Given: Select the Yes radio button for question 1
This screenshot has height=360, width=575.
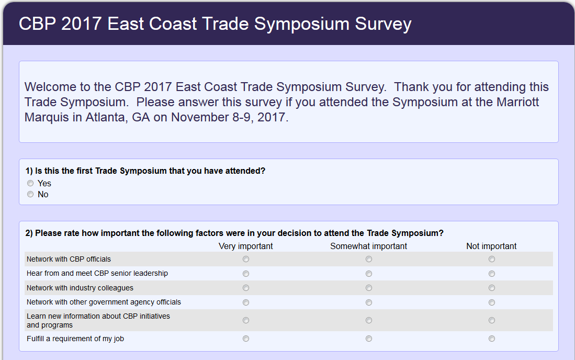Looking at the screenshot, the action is point(30,183).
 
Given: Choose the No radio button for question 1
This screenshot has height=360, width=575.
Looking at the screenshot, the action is point(30,194).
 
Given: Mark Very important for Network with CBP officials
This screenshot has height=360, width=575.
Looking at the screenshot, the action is point(246,259).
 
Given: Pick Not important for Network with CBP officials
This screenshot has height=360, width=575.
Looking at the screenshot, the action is point(492,259).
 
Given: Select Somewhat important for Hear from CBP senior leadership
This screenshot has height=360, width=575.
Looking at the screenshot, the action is point(369,274).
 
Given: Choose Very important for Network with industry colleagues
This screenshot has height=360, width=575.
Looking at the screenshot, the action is point(246,288).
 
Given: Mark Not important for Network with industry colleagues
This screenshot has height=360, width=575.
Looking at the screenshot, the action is point(492,288).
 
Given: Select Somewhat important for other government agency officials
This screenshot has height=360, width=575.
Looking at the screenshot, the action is point(369,302).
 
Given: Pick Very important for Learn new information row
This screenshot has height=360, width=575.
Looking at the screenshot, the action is point(246,320).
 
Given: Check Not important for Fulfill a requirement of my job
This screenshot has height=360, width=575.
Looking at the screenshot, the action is point(492,339).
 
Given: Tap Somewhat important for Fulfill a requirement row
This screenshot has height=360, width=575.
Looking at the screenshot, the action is point(369,339).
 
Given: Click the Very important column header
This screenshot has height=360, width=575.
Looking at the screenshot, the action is point(246,246).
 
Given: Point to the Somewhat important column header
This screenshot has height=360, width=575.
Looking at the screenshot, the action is point(368,246).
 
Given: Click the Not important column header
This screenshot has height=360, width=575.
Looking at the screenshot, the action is point(491,246).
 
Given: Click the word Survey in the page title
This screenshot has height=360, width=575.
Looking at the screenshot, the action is point(383,24).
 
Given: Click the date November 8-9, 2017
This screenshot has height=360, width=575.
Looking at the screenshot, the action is point(229,117).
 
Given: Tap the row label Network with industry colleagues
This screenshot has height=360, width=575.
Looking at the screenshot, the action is point(80,288).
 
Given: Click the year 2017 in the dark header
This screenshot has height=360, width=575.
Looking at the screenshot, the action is point(82,24).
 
